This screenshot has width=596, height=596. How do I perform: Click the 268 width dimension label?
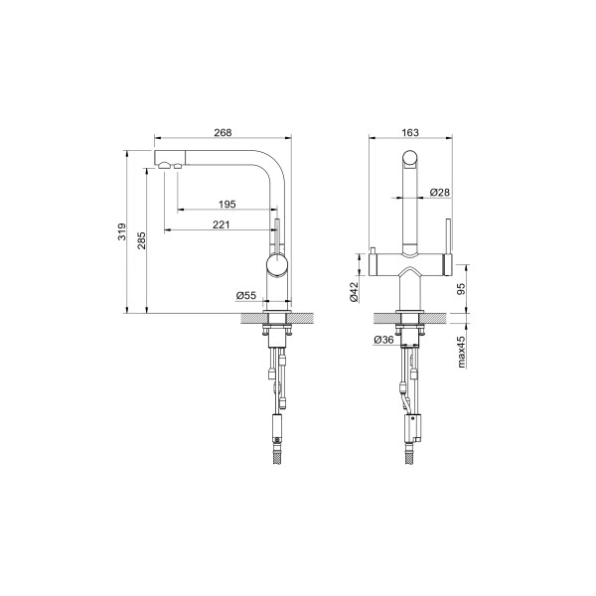click(x=223, y=132)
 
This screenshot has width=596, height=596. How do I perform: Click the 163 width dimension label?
click(x=410, y=132)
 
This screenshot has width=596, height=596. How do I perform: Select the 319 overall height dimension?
click(x=121, y=231)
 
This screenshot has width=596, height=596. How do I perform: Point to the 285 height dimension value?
click(x=141, y=240)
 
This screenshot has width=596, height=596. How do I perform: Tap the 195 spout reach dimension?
click(x=226, y=204)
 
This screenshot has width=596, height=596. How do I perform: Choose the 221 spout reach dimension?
click(x=221, y=224)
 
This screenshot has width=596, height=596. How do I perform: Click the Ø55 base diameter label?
click(x=246, y=295)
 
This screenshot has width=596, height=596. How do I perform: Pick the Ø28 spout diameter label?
click(x=439, y=193)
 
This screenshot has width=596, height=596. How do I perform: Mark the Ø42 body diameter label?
click(x=354, y=291)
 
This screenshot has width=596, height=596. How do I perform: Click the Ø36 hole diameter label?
click(x=383, y=340)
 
